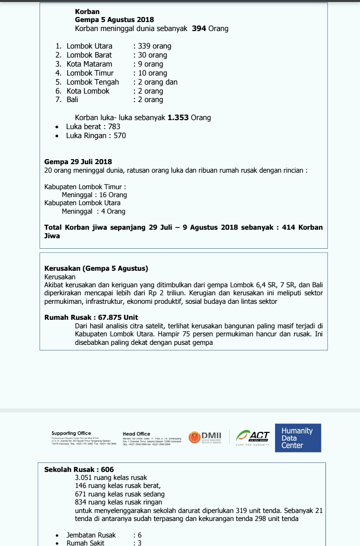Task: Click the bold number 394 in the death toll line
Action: point(199,29)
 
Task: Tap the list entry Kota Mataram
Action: point(89,64)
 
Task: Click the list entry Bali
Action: point(72,100)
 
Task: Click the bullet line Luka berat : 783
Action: point(93,127)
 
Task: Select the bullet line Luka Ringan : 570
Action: point(96,136)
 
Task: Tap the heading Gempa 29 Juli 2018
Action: point(78,162)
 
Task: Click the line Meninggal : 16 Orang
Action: point(94,195)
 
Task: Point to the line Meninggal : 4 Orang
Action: point(93,211)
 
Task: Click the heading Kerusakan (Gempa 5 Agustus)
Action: point(96,268)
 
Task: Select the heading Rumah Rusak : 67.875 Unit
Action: point(91,317)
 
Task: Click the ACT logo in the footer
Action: point(253,436)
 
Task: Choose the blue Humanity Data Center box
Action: point(298,438)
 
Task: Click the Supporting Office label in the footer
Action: point(71,433)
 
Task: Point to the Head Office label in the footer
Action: point(136,434)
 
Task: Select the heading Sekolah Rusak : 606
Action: point(79,469)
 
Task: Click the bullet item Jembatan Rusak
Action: point(91,535)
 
